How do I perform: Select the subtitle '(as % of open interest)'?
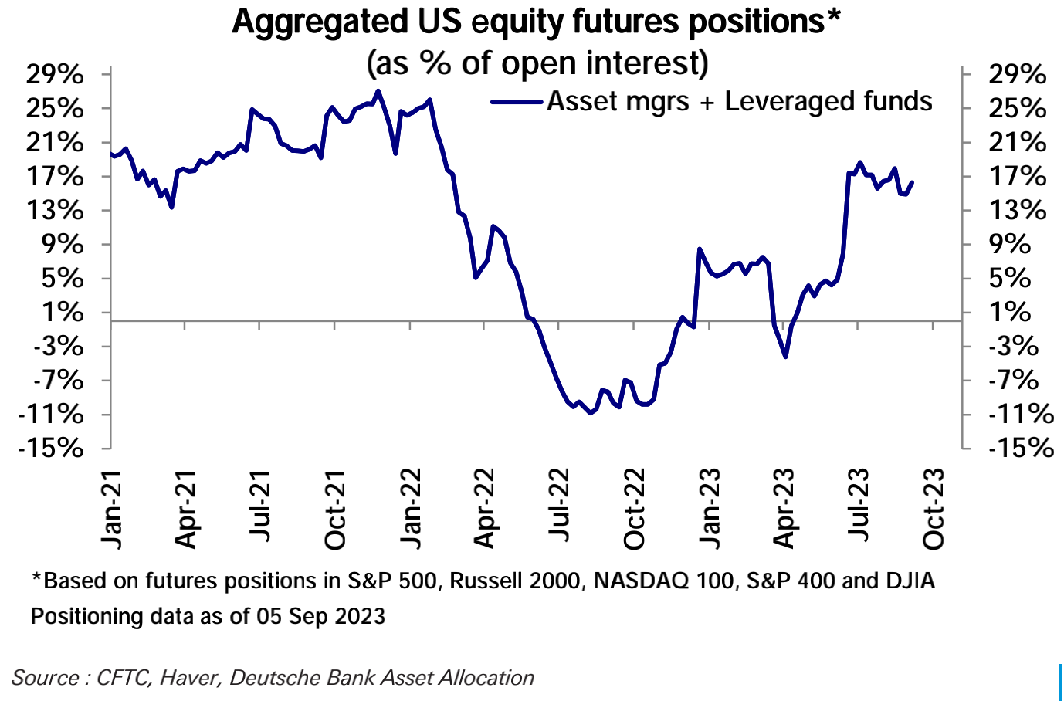point(537,63)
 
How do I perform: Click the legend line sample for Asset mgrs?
point(517,101)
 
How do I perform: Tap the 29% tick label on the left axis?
point(55,75)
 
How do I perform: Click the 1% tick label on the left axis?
point(62,313)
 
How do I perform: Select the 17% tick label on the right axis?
point(1018,177)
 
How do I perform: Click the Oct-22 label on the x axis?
point(634,509)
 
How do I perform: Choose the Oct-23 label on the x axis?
point(933,509)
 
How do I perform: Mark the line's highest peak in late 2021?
point(377,91)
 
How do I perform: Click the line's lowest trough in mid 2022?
point(591,413)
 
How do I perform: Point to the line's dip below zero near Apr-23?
point(785,357)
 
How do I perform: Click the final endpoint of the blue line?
point(912,183)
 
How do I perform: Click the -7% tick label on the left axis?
point(56,380)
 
